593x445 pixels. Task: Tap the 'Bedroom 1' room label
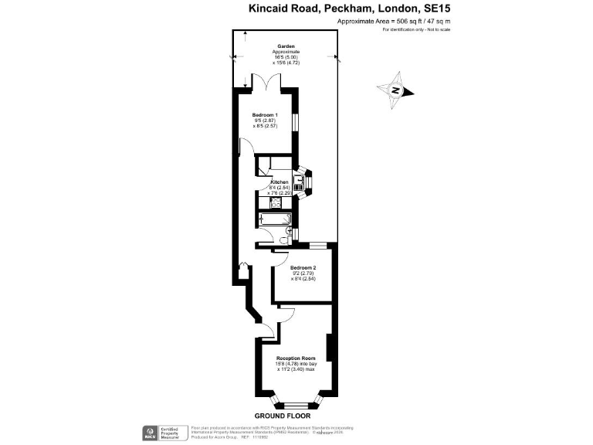pos(265,115)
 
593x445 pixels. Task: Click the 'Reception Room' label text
pos(296,358)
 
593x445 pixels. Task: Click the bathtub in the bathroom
pos(275,220)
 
